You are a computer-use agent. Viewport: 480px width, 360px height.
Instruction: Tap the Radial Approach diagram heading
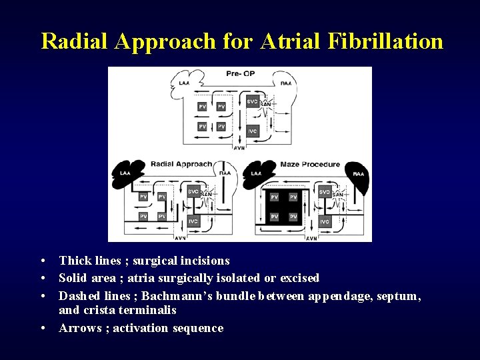point(181,163)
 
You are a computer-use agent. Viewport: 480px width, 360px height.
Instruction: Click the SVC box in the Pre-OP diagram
point(252,102)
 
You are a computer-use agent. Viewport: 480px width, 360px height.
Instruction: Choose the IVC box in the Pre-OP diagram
point(252,131)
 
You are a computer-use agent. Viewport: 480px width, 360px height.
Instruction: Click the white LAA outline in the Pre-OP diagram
point(185,83)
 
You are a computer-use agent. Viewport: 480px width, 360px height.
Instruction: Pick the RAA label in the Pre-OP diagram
point(285,84)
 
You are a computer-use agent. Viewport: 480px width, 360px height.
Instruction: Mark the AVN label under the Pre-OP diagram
point(239,148)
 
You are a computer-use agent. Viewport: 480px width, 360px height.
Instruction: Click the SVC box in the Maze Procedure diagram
point(324,192)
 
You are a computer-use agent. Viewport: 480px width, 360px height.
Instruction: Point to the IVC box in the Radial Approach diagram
point(193,221)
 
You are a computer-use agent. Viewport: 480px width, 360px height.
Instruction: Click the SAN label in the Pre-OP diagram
point(265,104)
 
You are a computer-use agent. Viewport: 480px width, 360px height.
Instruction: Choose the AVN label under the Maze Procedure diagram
point(311,238)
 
